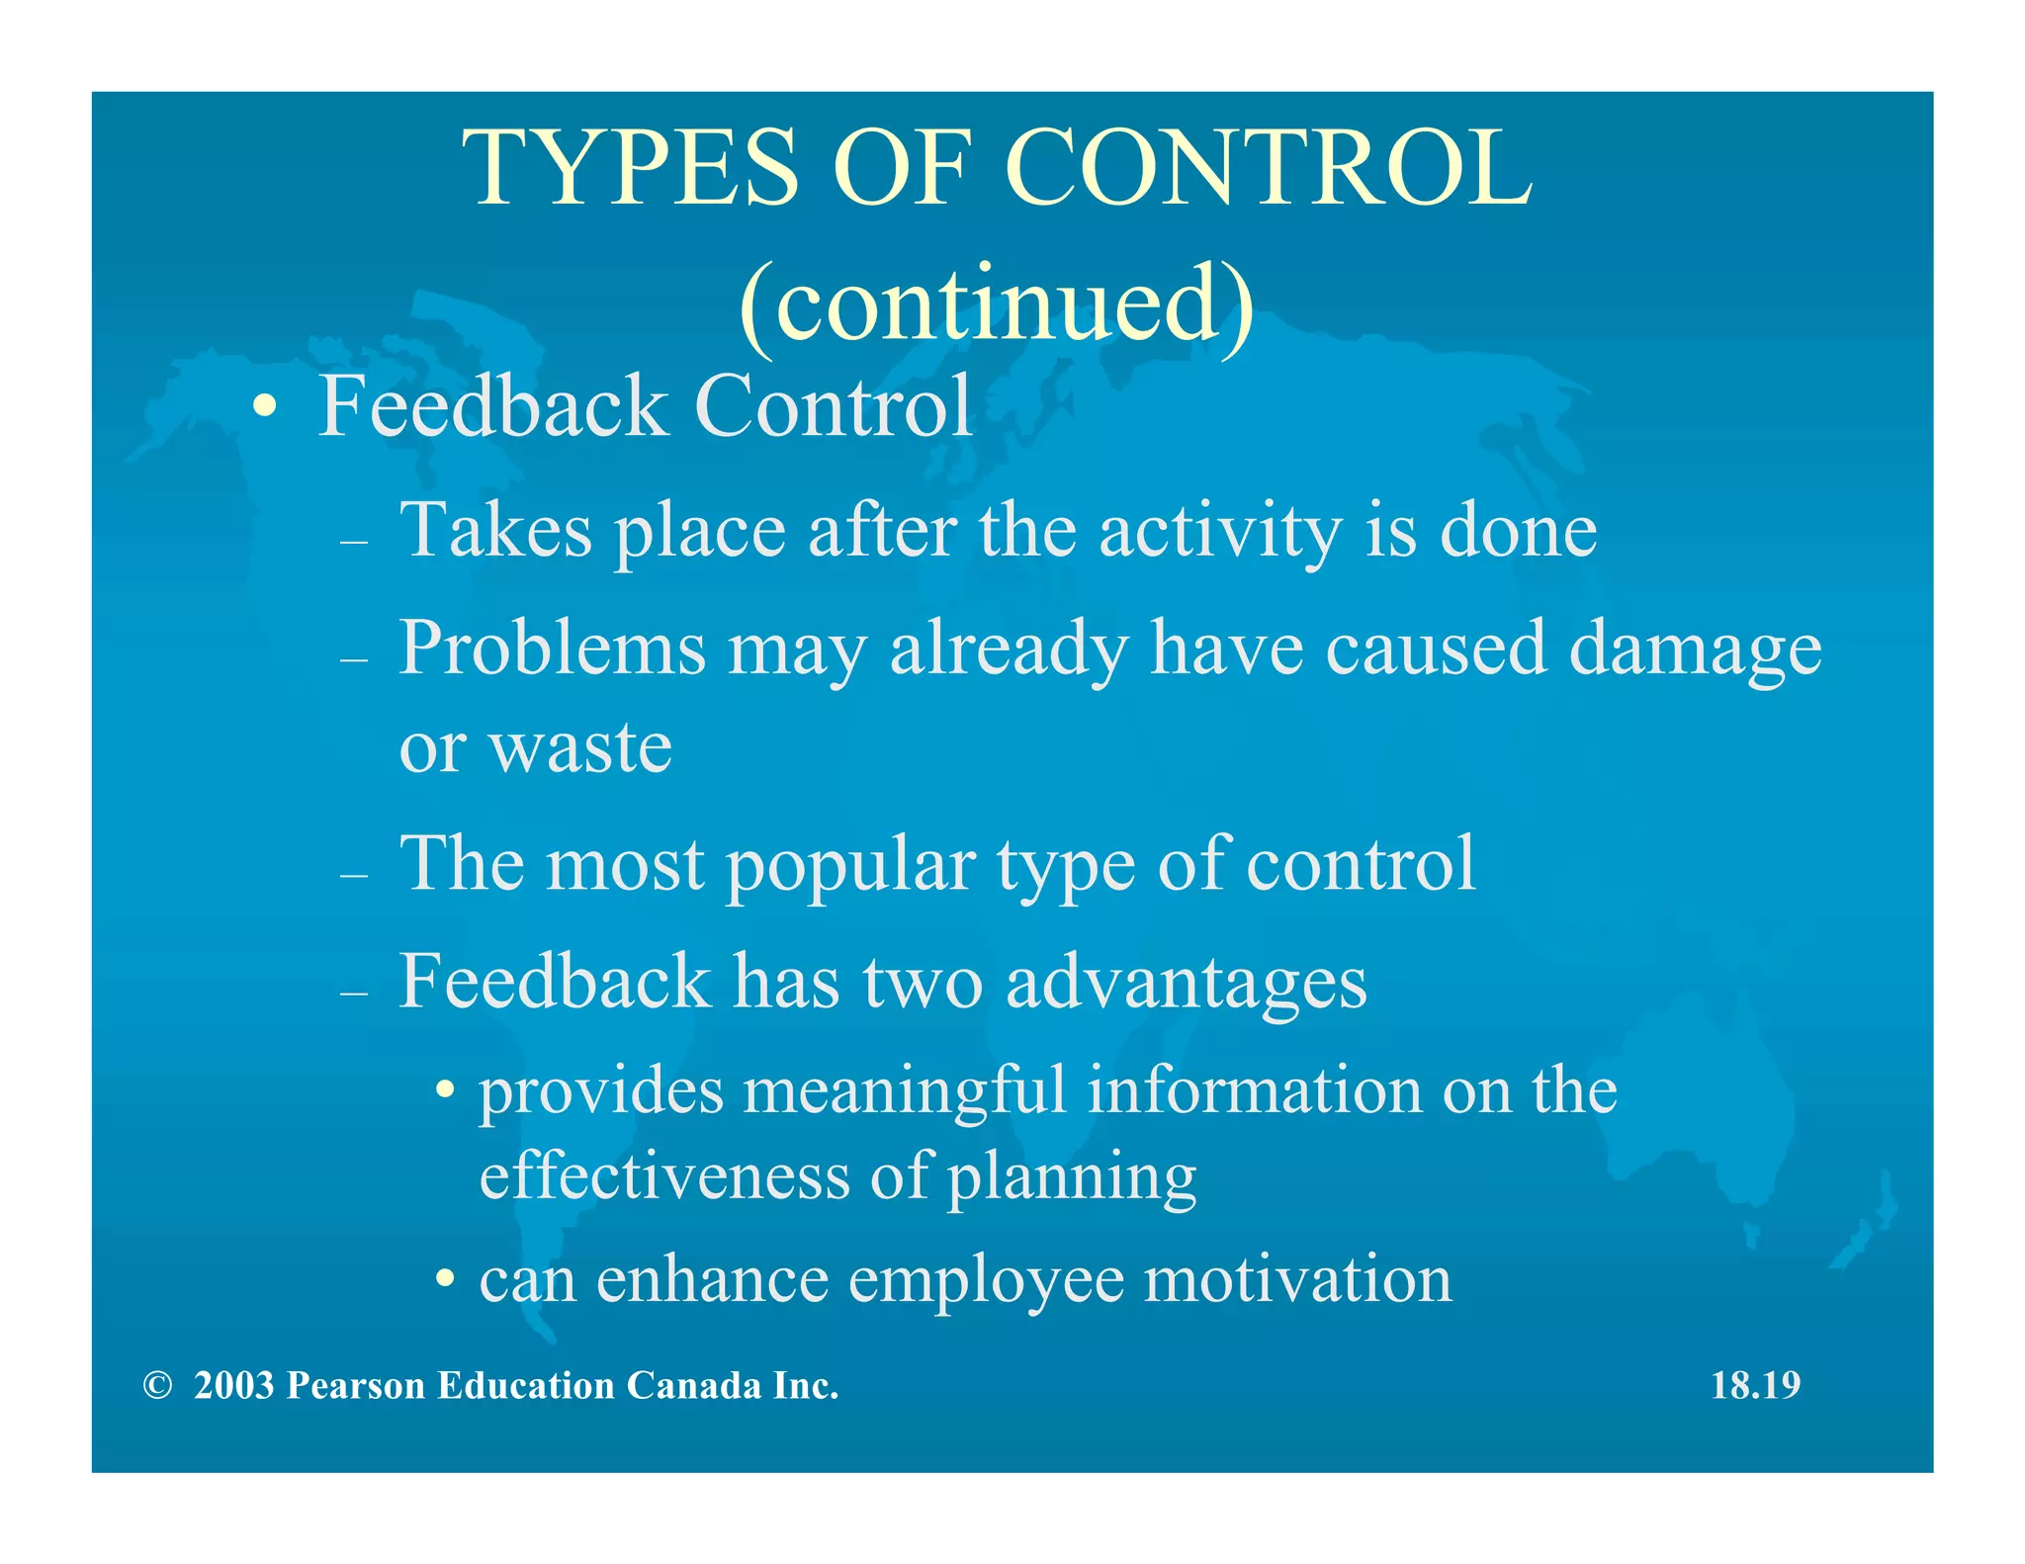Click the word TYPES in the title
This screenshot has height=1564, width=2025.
(630, 169)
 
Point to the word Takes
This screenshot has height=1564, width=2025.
(495, 531)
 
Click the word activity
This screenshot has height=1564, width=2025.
(1220, 531)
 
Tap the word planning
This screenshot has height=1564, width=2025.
(1072, 1176)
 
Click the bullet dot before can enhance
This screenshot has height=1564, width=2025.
(447, 1280)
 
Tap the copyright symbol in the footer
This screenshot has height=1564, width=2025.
(157, 1386)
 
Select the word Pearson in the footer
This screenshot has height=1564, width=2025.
(356, 1386)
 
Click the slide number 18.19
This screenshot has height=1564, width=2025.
(1755, 1386)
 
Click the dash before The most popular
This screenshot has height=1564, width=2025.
(353, 876)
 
